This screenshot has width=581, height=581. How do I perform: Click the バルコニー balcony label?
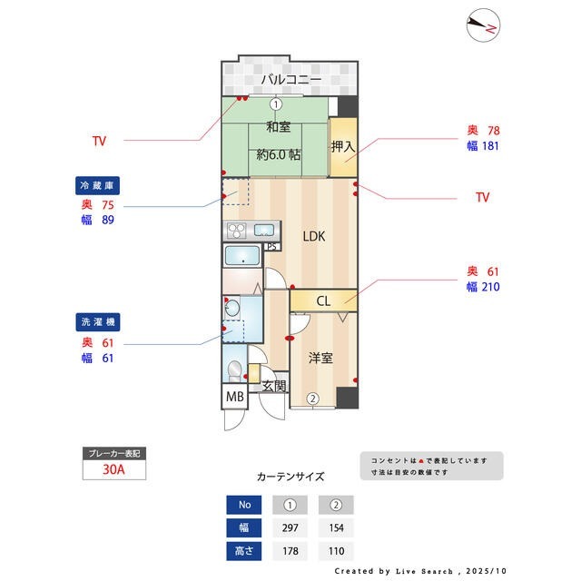click(290, 81)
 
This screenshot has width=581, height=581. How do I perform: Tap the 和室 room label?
click(278, 127)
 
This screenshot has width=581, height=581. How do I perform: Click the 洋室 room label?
click(320, 358)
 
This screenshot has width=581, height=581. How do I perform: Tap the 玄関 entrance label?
click(274, 386)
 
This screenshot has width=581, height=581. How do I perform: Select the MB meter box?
click(234, 397)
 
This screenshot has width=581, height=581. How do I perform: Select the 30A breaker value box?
click(113, 470)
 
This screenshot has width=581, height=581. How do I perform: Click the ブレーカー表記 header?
click(113, 453)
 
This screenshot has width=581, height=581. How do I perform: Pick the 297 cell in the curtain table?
click(290, 528)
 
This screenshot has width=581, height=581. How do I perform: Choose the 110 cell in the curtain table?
click(335, 551)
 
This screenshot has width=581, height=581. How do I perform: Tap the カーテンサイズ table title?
click(290, 476)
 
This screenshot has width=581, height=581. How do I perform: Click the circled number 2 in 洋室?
click(312, 398)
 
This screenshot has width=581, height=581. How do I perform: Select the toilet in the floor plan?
click(234, 371)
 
